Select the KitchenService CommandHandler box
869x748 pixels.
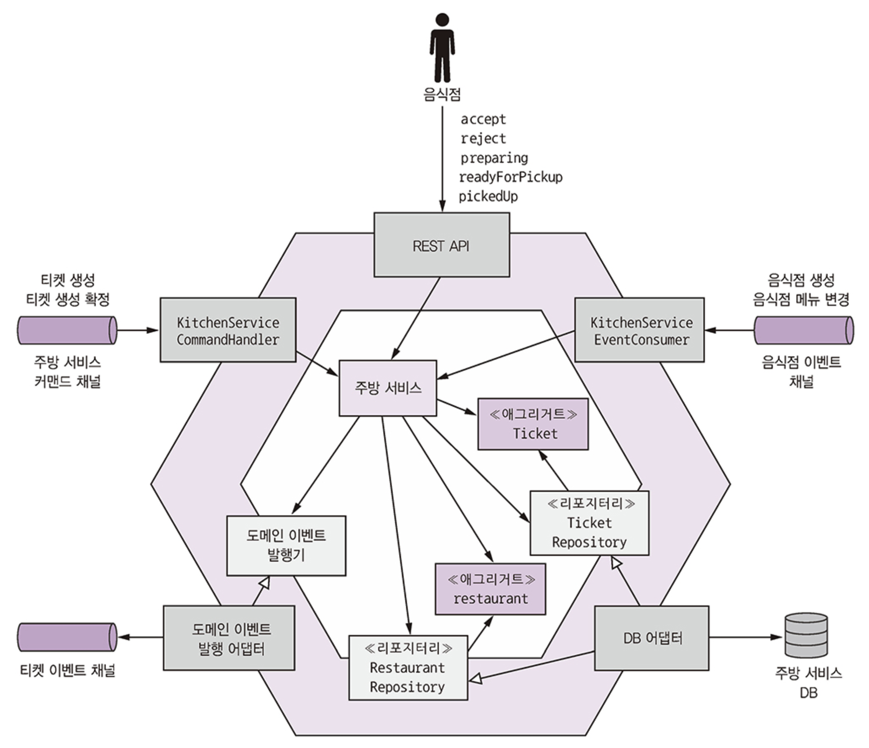pyautogui.click(x=228, y=330)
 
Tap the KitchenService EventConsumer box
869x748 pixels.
pyautogui.click(x=639, y=330)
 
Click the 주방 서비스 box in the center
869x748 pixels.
pyautogui.click(x=388, y=388)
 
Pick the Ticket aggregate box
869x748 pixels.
pyautogui.click(x=533, y=424)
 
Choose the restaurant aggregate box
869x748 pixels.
pyautogui.click(x=490, y=589)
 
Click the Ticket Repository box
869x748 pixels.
pyautogui.click(x=589, y=523)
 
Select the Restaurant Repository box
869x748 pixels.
pyautogui.click(x=408, y=668)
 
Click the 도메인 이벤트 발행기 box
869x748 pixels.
pyautogui.click(x=286, y=545)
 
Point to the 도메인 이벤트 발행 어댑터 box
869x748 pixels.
pyautogui.click(x=229, y=638)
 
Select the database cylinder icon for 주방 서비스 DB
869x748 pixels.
pyautogui.click(x=806, y=635)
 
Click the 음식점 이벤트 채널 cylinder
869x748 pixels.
pyautogui.click(x=804, y=330)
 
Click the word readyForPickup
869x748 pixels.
pyautogui.click(x=510, y=178)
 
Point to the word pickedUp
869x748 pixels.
pyautogui.click(x=488, y=196)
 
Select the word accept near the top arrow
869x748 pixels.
pyautogui.click(x=483, y=119)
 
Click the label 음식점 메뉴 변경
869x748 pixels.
pyautogui.click(x=801, y=300)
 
